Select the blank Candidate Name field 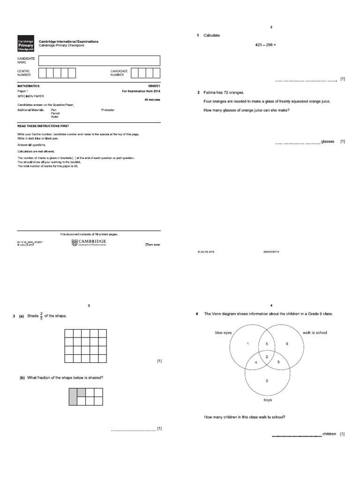click(99, 60)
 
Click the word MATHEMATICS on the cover click(29, 86)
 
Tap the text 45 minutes click(152, 100)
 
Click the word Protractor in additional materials click(108, 110)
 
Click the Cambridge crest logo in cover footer click(74, 242)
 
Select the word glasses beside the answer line click(328, 142)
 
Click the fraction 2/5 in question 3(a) click(41, 316)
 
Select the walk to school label click(315, 332)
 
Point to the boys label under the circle click(267, 400)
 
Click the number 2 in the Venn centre click(267, 357)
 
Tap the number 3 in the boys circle click(267, 381)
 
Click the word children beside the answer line click(330, 434)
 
